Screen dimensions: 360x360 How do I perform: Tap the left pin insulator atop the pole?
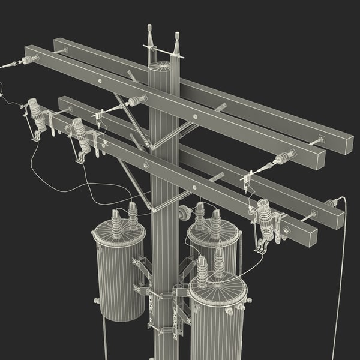pos(149,37)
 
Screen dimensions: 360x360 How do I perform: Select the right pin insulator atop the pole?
pos(177,41)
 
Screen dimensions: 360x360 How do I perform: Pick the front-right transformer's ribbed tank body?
pos(217,324)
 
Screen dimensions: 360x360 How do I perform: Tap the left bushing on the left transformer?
pos(116,223)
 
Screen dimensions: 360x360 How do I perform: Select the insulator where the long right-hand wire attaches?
pos(331,203)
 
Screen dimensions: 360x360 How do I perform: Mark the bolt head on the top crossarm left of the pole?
pos(100,79)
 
